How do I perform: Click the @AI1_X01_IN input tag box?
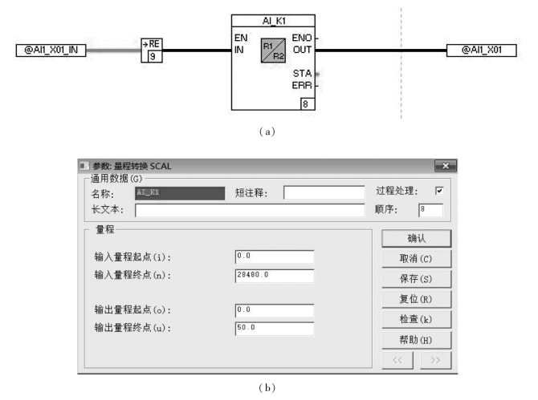pos(50,51)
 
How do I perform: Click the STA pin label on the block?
pos(302,73)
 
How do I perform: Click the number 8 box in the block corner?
pos(305,103)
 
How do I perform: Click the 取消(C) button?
pos(415,258)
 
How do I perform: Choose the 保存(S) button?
pos(415,278)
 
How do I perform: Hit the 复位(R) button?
pos(415,298)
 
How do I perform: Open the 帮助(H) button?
pos(415,339)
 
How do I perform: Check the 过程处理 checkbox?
pos(438,192)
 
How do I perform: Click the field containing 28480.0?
pos(274,275)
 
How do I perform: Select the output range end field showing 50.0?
pos(274,327)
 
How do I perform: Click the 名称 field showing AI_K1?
pos(180,192)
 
